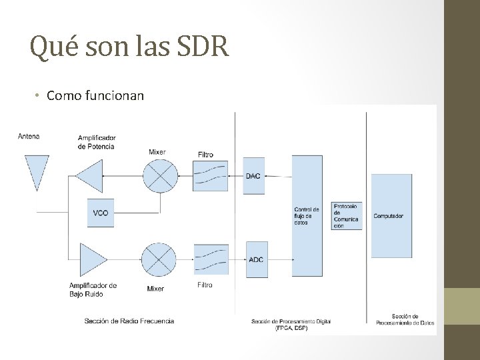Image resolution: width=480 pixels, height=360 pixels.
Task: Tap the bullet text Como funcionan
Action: point(95,95)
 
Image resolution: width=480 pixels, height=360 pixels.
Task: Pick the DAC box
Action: point(253,176)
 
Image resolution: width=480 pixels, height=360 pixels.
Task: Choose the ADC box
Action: point(255,259)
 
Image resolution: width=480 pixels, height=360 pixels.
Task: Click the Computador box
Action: point(391,215)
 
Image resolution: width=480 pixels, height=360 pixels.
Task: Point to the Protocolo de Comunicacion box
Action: point(347,216)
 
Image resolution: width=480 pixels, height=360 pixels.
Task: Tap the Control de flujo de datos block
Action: point(307,215)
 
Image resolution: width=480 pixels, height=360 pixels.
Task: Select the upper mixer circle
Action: point(160,175)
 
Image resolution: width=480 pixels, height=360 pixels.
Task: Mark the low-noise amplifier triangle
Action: point(92,259)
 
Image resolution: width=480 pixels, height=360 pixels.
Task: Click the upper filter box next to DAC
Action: point(211,176)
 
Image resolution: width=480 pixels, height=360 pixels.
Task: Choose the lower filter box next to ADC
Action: point(211,259)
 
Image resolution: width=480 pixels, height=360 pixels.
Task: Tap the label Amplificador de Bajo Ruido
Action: point(93,289)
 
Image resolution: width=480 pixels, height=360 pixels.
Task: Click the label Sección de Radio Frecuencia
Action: point(129,321)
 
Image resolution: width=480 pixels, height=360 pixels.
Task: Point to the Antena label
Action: point(29,137)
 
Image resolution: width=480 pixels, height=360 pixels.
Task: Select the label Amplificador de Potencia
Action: point(97,142)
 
